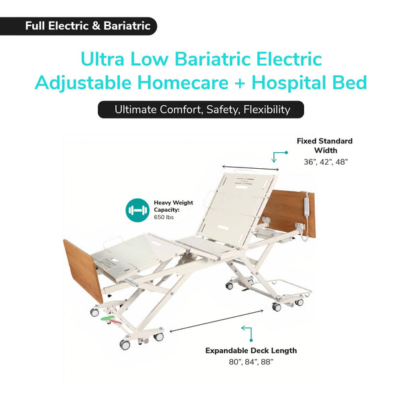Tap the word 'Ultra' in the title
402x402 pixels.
[x=103, y=59]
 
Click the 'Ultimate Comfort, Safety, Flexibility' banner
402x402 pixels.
[x=201, y=109]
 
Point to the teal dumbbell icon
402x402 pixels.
[x=137, y=210]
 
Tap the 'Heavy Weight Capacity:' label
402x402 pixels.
[x=174, y=206]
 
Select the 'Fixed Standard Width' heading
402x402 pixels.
[x=324, y=145]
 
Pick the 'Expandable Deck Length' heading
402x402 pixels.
[x=251, y=350]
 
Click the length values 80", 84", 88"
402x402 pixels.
[x=251, y=362]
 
